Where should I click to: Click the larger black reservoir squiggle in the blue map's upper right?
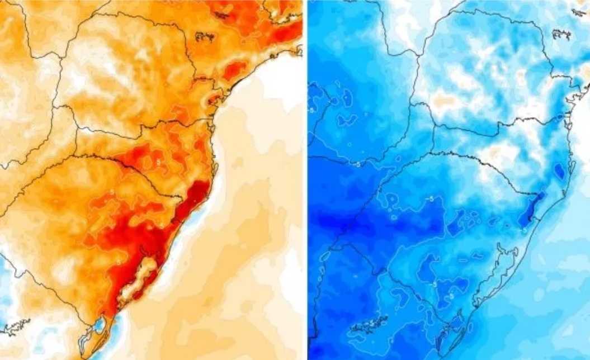pos(560,35)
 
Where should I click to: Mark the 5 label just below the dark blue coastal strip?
pos(525,230)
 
